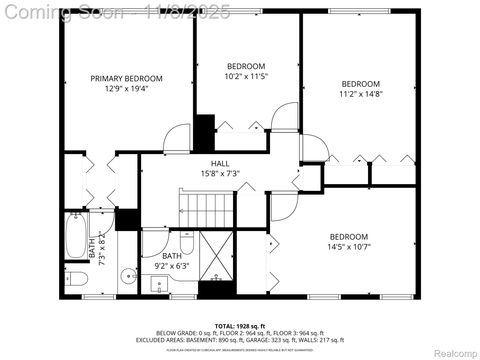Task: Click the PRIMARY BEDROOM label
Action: pyautogui.click(x=127, y=78)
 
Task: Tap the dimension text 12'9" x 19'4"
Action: pyautogui.click(x=127, y=89)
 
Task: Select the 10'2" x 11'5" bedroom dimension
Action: pyautogui.click(x=246, y=76)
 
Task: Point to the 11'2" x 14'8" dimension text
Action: pyautogui.click(x=361, y=94)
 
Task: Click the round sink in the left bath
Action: pyautogui.click(x=127, y=277)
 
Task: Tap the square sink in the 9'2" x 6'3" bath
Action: pyautogui.click(x=159, y=284)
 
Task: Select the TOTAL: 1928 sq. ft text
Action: pyautogui.click(x=240, y=325)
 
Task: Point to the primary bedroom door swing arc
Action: pyautogui.click(x=178, y=136)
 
